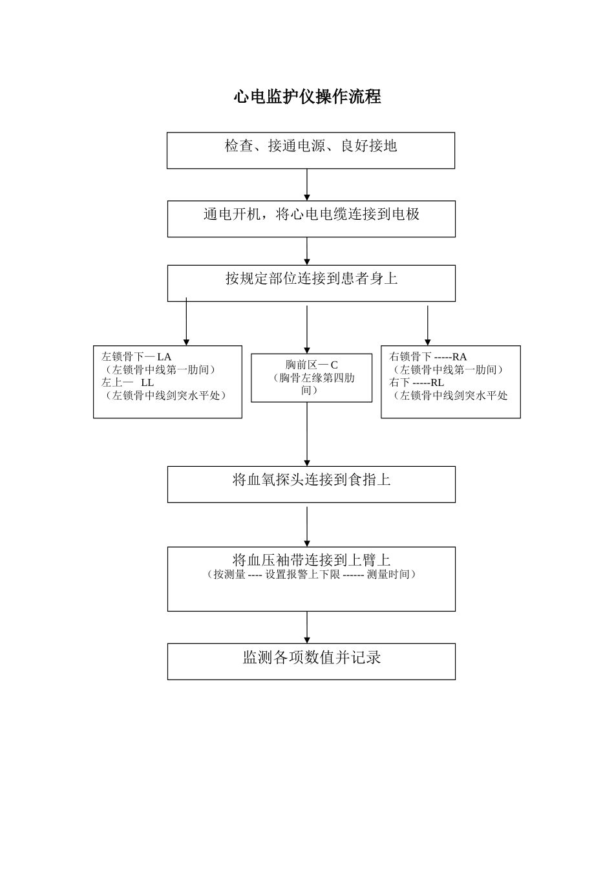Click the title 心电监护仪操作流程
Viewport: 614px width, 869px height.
(x=307, y=97)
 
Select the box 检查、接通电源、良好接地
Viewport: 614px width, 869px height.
(x=310, y=150)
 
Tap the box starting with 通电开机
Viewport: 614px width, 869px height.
(x=311, y=219)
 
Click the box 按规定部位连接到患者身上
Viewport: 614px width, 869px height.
(x=311, y=283)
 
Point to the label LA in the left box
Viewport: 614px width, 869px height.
(x=164, y=356)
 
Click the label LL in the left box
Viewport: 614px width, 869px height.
(x=147, y=382)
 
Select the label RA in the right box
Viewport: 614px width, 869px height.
(x=460, y=356)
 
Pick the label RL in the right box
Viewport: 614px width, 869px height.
(x=437, y=382)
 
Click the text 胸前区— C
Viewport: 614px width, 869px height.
(x=312, y=365)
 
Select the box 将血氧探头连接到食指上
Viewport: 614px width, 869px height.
(x=311, y=484)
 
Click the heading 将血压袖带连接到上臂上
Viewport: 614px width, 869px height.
(x=311, y=560)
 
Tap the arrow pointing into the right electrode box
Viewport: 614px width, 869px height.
(x=428, y=325)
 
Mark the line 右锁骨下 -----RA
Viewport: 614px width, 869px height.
(x=428, y=356)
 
